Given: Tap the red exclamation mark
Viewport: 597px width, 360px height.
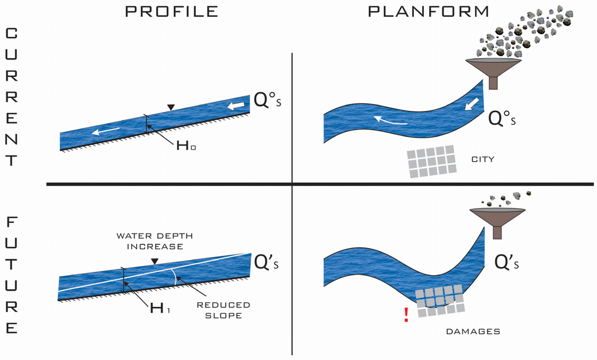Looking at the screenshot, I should click(x=406, y=316).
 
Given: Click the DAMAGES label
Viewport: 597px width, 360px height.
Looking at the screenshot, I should click(x=473, y=331).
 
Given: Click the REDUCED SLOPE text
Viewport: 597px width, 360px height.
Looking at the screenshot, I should click(x=223, y=310).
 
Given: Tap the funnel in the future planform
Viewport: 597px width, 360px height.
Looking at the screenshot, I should click(x=497, y=221).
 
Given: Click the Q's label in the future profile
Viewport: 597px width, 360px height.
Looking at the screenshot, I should click(x=269, y=261).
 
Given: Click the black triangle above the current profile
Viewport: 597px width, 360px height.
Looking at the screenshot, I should click(x=170, y=107).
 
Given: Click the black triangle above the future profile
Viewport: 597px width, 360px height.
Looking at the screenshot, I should click(x=154, y=262).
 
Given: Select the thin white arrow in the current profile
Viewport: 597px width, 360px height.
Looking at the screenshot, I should click(x=106, y=131).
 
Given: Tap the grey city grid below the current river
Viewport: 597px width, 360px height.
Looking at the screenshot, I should click(x=431, y=160).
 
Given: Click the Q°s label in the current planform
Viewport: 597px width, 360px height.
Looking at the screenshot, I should click(x=503, y=119).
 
